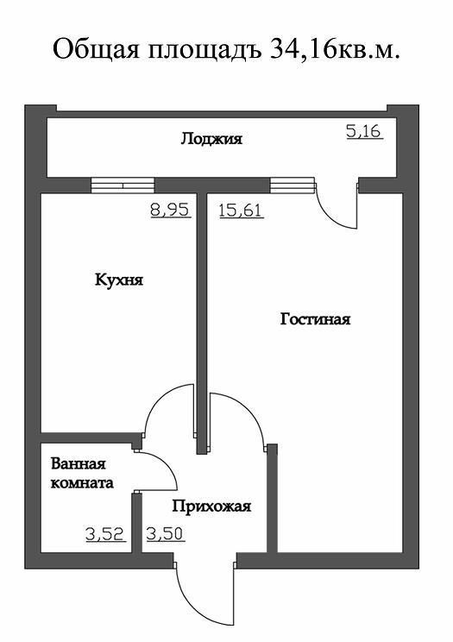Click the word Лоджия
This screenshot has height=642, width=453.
pos(211,139)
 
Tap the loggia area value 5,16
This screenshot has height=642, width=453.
pos(364,132)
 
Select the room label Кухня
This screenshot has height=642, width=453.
pos(119,280)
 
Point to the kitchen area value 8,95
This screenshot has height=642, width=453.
pos(170,210)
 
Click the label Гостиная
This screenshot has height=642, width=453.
pos(316,319)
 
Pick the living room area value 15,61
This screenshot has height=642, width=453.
pos(242,211)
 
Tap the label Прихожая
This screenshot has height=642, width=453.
pos(211,507)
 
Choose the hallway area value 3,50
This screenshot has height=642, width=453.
pos(165,534)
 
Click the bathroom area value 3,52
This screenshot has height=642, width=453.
pos(105,534)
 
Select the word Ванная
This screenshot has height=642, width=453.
pos(79,464)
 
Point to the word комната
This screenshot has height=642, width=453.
pos(82,482)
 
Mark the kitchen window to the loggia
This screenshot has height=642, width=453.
pos(123,185)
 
